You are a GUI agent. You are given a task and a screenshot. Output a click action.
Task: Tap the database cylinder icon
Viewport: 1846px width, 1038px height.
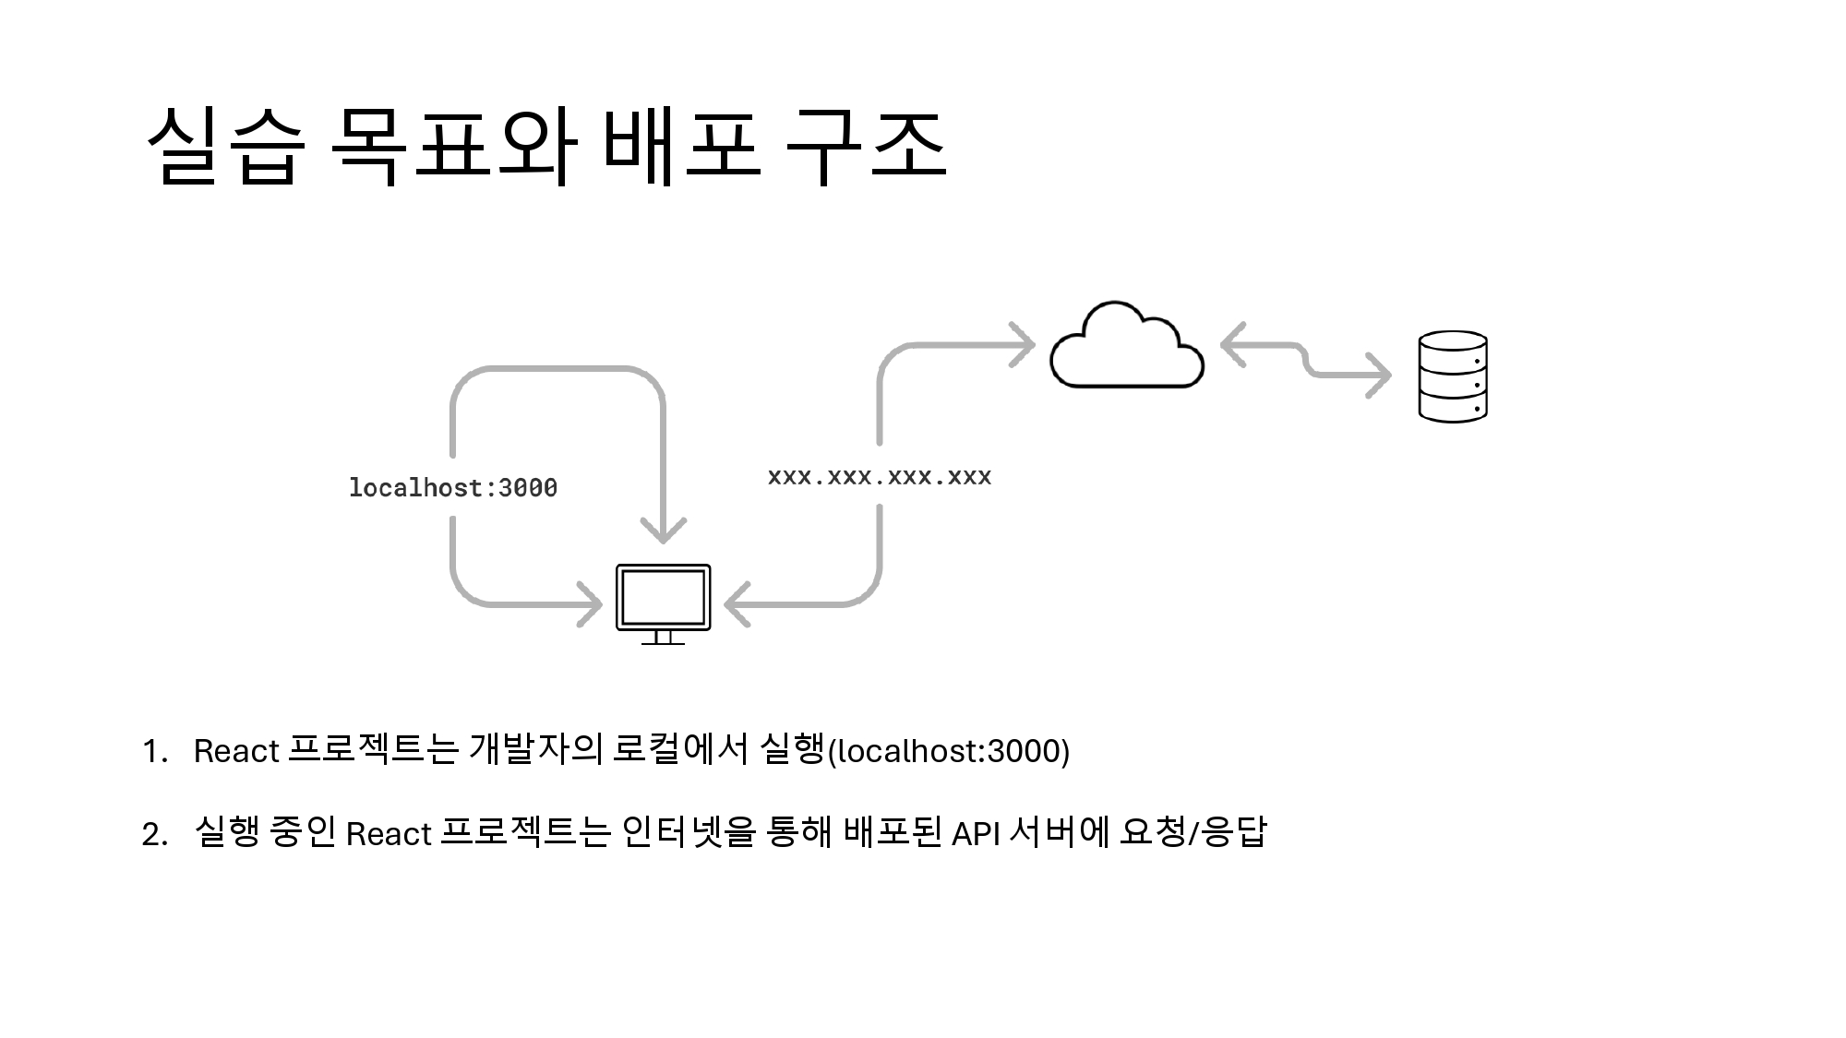pos(1452,376)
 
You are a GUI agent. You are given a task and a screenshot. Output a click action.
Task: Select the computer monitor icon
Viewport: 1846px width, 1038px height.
pos(663,602)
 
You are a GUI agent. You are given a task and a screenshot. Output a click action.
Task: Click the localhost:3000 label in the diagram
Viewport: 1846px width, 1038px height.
pos(453,487)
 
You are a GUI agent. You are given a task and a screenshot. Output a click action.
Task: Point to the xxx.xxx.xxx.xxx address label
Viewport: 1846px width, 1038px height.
pos(879,477)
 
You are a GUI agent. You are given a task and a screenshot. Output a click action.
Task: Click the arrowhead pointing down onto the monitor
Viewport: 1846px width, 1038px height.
pos(663,530)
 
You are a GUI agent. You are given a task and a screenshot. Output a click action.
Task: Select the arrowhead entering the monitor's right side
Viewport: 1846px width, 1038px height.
pos(737,604)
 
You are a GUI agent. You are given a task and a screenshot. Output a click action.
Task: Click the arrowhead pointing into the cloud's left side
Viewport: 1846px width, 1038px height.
pos(1024,345)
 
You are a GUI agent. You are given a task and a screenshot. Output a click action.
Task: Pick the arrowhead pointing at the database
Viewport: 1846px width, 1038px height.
pos(1379,376)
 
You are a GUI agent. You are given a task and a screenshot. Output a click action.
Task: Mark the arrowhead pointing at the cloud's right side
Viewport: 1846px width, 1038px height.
pos(1232,345)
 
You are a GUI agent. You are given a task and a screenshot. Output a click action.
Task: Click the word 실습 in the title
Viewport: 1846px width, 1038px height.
pos(225,148)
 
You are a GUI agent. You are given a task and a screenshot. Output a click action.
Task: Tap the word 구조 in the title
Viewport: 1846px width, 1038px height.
pos(866,148)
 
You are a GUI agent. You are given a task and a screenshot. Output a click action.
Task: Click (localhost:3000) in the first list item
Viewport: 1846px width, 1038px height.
pos(949,751)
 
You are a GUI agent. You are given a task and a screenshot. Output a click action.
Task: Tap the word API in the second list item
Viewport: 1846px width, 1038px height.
pos(976,834)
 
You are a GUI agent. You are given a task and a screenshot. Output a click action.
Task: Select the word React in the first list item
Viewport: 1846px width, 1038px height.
pos(236,751)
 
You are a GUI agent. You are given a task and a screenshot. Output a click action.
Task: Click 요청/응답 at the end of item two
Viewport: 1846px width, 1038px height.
pos(1193,832)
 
